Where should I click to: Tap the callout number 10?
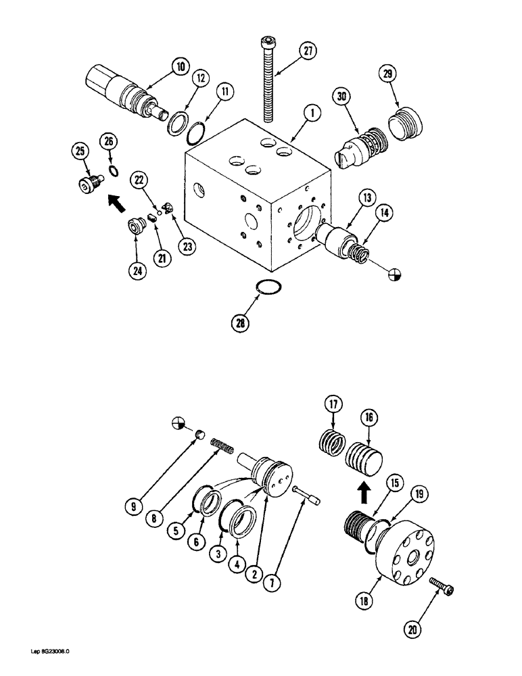click(x=179, y=66)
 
